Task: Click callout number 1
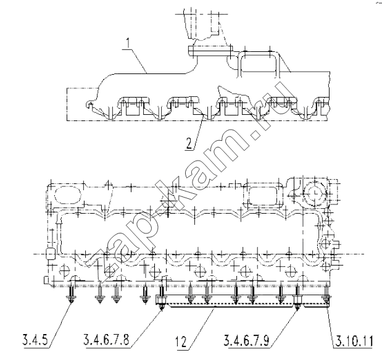click(x=128, y=43)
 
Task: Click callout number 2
click(x=189, y=143)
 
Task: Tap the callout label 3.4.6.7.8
click(x=106, y=340)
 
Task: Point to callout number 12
click(x=182, y=341)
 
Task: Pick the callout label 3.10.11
click(x=354, y=341)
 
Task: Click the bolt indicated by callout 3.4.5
click(x=72, y=294)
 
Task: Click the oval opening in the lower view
click(x=68, y=195)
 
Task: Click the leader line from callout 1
click(x=139, y=61)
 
